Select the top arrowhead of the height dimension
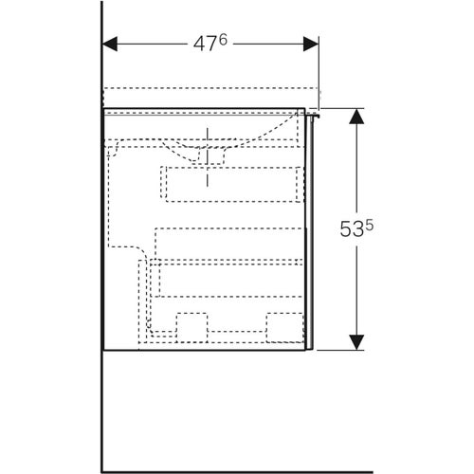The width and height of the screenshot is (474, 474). [356, 116]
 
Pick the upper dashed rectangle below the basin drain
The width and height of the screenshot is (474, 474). [231, 182]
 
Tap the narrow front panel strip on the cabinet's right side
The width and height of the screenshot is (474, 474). [311, 228]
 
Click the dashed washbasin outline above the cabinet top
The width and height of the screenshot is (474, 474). [209, 97]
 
